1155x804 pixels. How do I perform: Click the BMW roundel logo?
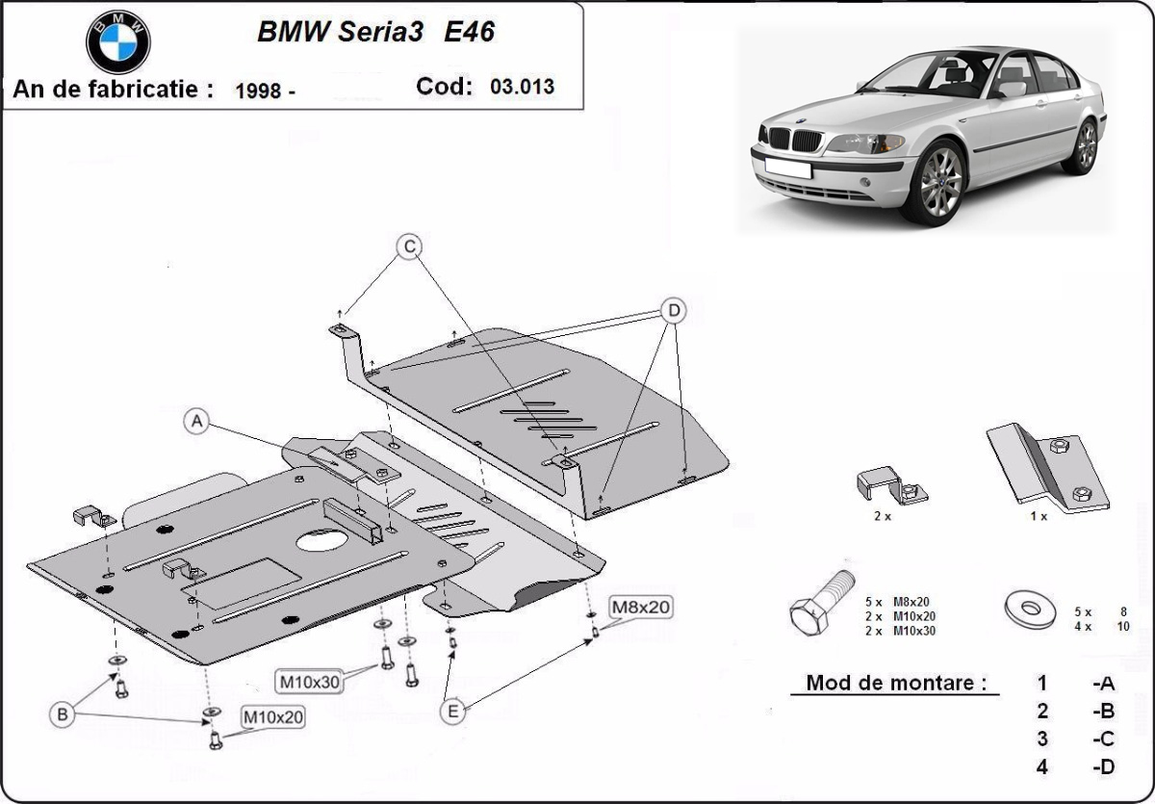pos(118,41)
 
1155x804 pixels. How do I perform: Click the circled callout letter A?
pos(196,421)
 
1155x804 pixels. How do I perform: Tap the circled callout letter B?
pos(63,714)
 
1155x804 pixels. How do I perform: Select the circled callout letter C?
pos(409,247)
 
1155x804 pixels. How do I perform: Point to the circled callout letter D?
pos(675,310)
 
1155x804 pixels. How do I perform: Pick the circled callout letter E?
pos(451,712)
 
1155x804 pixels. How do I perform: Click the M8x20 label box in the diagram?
pos(640,607)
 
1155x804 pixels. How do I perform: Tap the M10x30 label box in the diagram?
pos(310,682)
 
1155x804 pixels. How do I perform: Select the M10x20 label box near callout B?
pos(273,717)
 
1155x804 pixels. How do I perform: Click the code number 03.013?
pos(522,87)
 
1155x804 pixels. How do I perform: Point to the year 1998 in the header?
pos(258,91)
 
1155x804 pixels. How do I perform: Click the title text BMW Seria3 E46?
pos(375,32)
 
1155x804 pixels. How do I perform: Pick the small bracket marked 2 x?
pos(890,484)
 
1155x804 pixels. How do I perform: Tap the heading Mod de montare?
pos(896,684)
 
